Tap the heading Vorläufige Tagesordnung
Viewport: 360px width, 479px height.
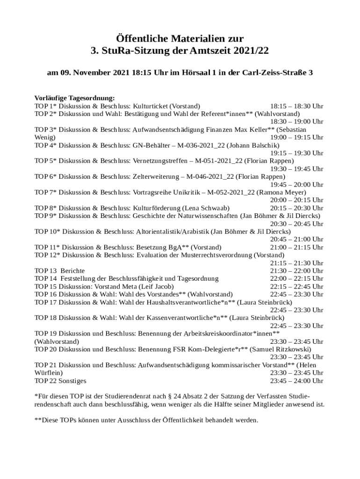tap(74, 98)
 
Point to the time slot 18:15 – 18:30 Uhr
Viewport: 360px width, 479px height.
tap(296, 106)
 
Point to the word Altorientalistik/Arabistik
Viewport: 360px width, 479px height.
tap(172, 232)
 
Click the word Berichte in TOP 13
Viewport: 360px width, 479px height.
tap(72, 271)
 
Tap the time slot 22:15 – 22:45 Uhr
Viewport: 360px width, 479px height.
tap(296, 286)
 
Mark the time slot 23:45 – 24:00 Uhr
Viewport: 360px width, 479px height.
tap(296, 381)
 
